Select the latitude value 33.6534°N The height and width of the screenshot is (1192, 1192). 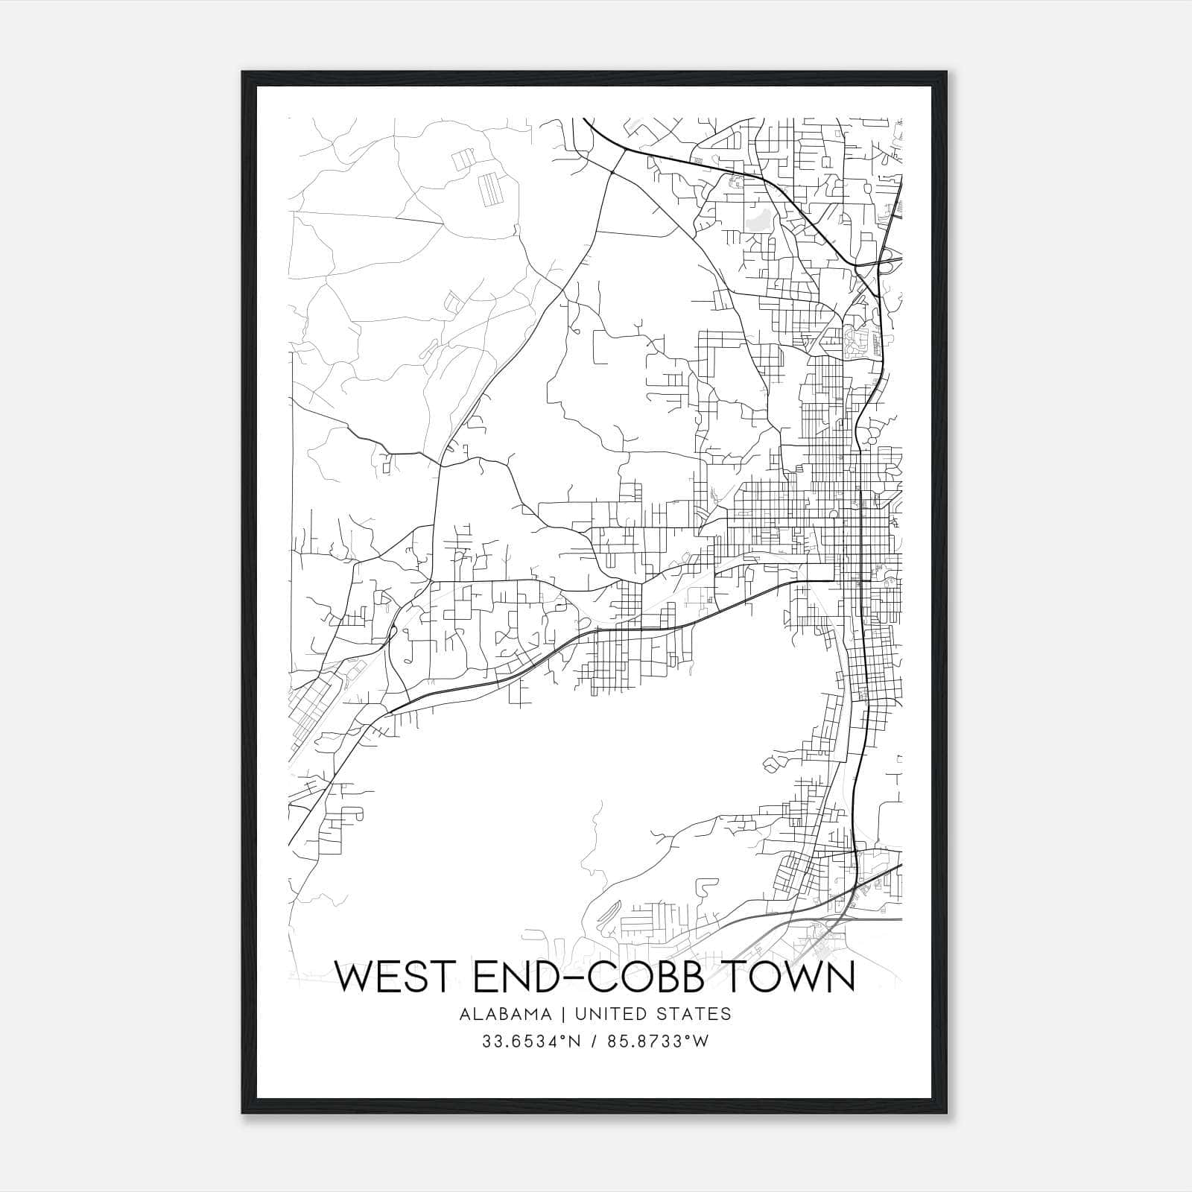click(x=528, y=1042)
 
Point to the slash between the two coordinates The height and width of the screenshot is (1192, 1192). click(x=594, y=1042)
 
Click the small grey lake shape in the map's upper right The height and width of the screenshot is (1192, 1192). click(x=758, y=221)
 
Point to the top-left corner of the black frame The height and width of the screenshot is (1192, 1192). click(x=243, y=72)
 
